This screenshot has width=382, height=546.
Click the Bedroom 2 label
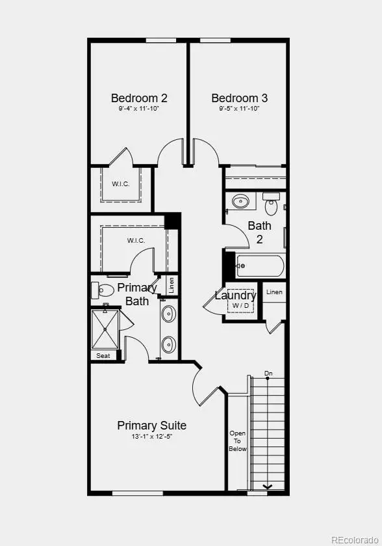point(139,98)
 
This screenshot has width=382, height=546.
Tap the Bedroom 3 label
point(239,98)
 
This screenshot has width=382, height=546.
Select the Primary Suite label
point(151,426)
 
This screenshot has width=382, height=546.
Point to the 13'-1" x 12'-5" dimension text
point(151,437)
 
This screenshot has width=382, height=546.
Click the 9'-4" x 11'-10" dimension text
point(139,109)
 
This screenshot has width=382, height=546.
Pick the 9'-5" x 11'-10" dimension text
point(239,109)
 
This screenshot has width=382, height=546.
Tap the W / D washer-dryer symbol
point(241,305)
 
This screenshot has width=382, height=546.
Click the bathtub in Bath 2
point(261,266)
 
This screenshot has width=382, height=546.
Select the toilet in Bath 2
point(272,205)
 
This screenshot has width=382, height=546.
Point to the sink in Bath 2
point(241,201)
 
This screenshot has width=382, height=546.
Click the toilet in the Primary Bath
point(103,289)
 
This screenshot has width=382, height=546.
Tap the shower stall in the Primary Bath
point(105,329)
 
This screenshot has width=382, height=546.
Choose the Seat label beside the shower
point(103,356)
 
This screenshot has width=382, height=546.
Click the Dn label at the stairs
point(268,374)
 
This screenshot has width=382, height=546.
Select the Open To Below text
point(238,441)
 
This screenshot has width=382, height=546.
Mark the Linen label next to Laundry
point(274,292)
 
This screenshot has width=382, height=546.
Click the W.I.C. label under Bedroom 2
point(120,184)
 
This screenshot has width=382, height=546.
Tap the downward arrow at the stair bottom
point(267,486)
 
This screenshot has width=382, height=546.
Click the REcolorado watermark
point(354,539)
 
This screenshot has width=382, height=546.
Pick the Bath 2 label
point(259,232)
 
